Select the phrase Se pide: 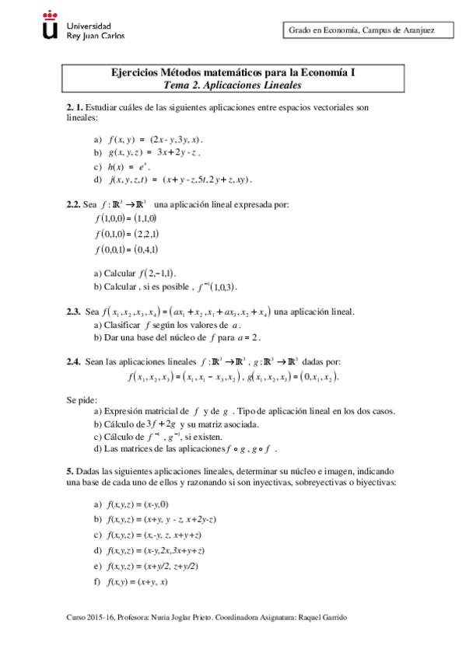[82, 399]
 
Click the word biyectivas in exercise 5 [375, 483]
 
